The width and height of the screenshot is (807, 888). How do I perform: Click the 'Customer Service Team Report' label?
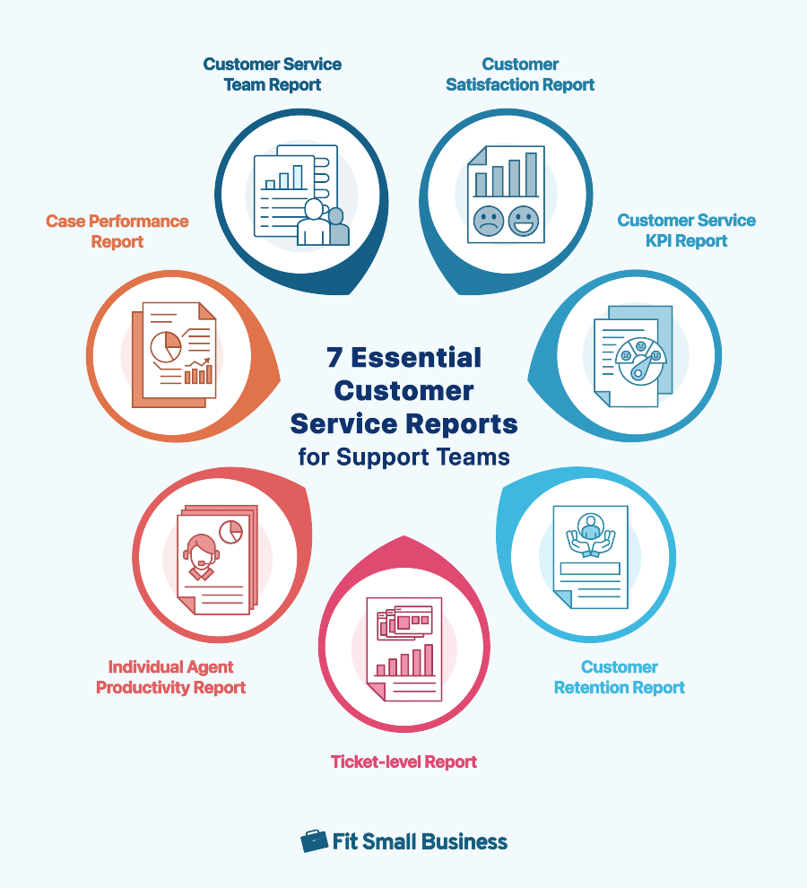[272, 74]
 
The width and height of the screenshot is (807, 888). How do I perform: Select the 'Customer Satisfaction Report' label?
[520, 74]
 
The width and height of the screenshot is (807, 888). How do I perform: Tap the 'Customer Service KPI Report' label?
[686, 231]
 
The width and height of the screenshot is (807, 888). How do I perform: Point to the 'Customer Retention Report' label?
[619, 677]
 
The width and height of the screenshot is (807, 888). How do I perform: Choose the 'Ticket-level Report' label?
[403, 762]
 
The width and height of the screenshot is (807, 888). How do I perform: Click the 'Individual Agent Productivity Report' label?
[170, 677]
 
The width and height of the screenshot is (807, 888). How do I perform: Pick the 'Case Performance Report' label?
[117, 231]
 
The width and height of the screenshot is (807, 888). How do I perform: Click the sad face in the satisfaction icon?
[489, 221]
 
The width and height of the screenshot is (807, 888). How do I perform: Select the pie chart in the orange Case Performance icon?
[165, 346]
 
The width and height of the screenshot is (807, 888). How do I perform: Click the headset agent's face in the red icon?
[201, 548]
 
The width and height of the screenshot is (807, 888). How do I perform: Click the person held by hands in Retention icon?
[590, 526]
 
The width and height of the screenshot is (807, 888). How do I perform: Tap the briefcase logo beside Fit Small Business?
[314, 840]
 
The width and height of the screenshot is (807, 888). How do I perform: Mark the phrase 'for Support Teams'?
[403, 457]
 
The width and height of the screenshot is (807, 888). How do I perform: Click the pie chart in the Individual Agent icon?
[230, 531]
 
